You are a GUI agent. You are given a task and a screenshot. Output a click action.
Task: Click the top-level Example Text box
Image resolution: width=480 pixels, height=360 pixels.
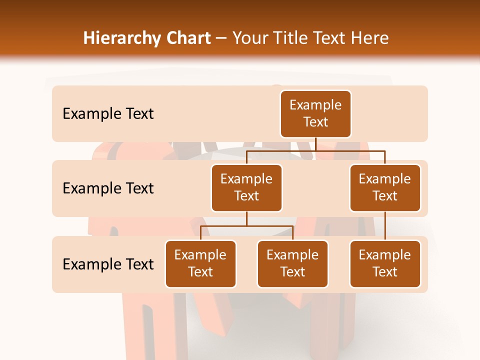pos(315,114)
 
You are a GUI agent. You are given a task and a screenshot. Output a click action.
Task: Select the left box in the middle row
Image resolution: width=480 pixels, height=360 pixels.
pos(246,188)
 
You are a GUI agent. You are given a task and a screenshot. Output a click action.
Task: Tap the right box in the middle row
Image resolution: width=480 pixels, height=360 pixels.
pos(385,188)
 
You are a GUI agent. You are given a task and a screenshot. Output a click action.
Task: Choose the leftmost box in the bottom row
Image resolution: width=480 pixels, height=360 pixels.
pos(200,264)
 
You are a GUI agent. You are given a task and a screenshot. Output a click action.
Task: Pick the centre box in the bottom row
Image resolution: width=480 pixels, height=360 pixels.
pos(292,264)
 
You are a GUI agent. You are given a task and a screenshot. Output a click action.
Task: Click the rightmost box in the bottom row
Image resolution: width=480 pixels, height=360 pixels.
pos(385,264)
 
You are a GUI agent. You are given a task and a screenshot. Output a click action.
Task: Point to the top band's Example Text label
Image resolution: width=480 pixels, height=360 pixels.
pos(108,114)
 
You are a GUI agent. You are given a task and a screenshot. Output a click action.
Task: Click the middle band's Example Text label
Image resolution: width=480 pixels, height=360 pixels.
pos(108,188)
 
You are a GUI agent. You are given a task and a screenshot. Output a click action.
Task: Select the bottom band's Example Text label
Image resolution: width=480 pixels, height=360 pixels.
pos(108,264)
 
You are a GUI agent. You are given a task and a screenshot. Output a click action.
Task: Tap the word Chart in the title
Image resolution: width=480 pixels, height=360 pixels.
pos(187,38)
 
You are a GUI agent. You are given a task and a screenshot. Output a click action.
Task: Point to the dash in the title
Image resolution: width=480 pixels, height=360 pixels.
pos(221,38)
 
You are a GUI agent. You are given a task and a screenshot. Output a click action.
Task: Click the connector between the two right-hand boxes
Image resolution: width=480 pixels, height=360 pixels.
pos(385,225)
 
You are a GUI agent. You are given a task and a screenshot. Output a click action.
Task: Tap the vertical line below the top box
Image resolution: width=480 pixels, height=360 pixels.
pos(315,144)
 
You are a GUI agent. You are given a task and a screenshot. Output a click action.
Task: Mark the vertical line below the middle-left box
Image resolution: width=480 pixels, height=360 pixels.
pos(246,218)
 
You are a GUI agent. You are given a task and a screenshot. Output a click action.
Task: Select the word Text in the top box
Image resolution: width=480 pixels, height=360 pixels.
pos(315,122)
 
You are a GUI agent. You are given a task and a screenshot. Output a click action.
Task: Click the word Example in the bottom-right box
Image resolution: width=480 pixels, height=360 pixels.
pos(385,255)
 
